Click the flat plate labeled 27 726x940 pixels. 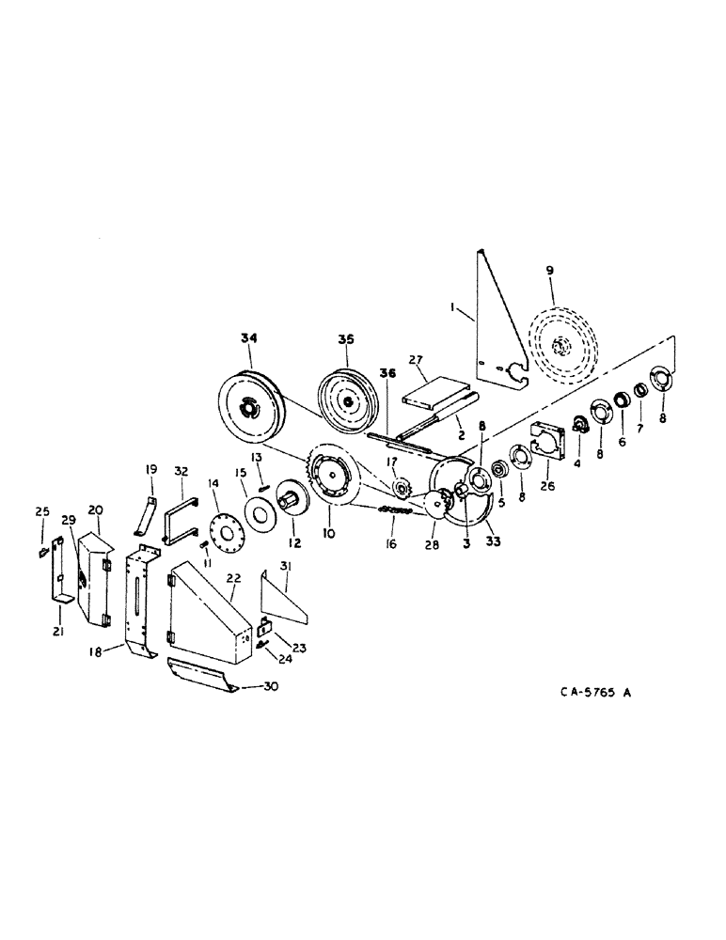click(433, 389)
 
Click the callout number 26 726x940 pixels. click(545, 488)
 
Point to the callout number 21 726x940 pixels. click(59, 633)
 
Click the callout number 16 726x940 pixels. click(390, 543)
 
